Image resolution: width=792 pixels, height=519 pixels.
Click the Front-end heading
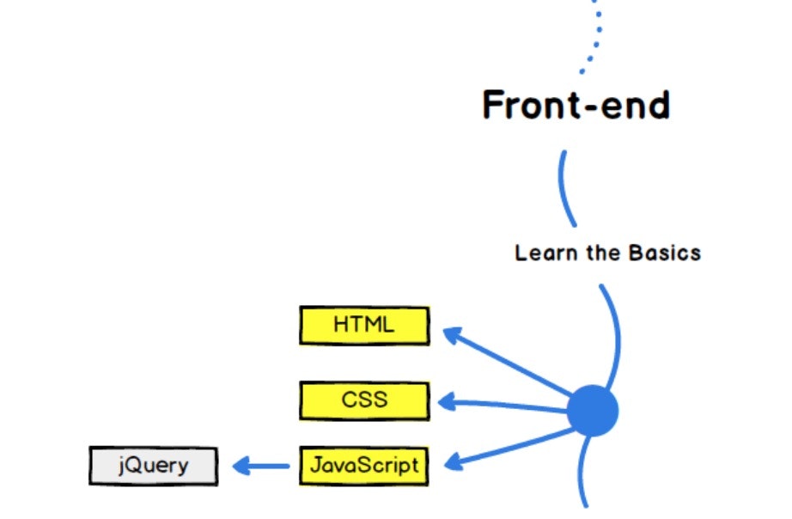(576, 106)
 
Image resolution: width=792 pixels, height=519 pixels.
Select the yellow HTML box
(364, 326)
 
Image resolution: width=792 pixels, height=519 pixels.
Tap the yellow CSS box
(364, 400)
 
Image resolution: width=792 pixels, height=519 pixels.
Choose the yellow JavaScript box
(364, 466)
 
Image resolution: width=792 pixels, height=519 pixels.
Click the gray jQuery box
(153, 467)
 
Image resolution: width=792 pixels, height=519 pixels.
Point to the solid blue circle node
(592, 412)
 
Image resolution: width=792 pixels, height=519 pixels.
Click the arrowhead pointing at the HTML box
(451, 334)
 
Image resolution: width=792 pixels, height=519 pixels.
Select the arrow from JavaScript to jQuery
(261, 467)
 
